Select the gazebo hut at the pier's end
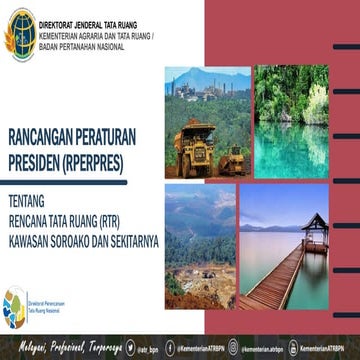coord(317,225)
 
